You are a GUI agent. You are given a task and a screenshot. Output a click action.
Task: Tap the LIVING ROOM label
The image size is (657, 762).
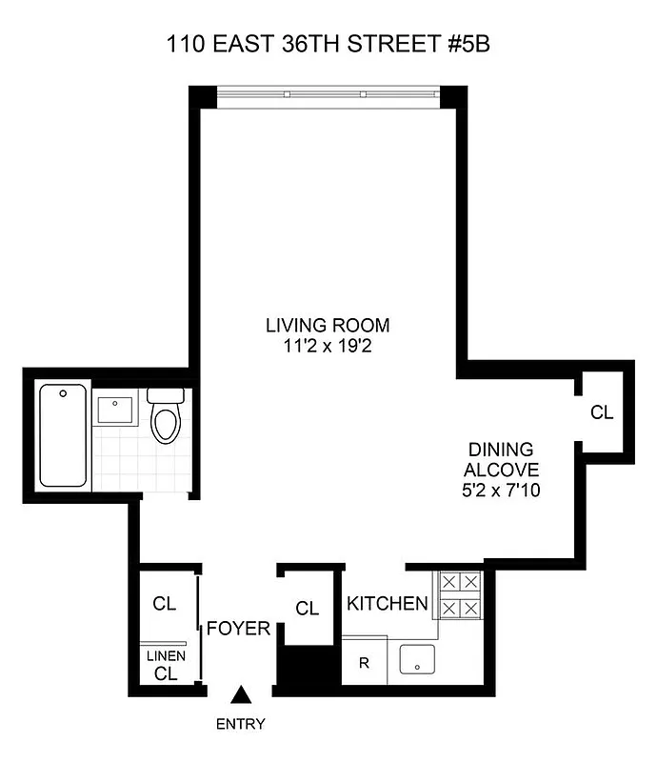328,326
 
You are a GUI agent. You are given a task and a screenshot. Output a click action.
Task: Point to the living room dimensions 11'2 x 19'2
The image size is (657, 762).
328,348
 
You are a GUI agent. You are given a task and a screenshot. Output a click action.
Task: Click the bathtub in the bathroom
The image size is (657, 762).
63,434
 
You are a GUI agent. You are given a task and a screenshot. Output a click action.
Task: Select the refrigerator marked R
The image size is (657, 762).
364,662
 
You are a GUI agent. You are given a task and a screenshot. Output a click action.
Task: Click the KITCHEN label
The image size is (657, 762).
387,604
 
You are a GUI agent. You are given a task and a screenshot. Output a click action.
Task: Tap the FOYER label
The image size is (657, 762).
239,629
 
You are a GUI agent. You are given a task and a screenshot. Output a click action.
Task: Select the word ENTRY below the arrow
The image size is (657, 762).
241,724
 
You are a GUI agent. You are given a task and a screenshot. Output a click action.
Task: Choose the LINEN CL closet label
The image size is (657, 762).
165,665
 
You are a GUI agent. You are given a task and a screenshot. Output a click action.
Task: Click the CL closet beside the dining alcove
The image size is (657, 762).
602,412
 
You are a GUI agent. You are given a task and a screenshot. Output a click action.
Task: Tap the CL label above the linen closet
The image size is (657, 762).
165,603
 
